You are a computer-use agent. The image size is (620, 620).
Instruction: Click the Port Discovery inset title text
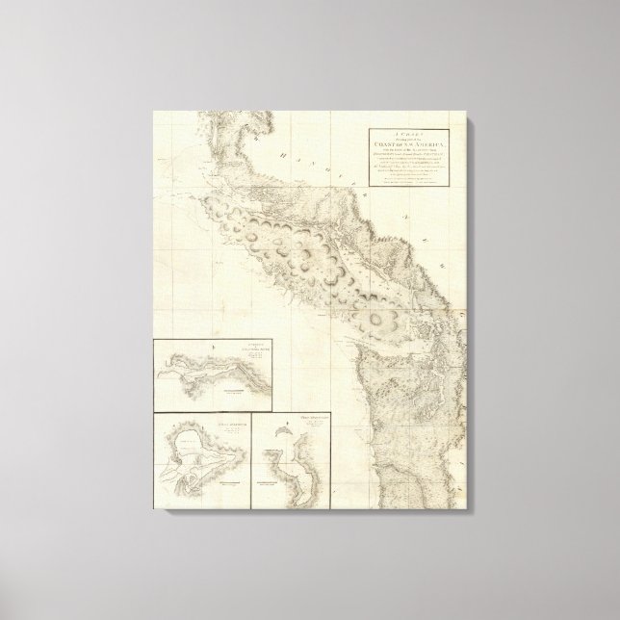coord(314,417)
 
